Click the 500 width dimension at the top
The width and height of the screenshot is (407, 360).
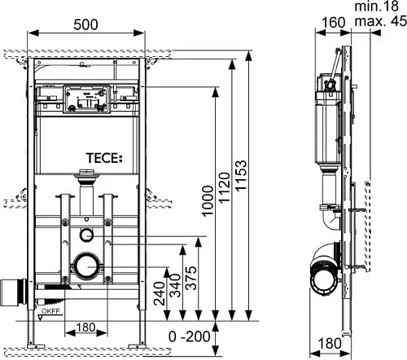[88, 24]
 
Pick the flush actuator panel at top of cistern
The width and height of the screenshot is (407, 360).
[84, 100]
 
